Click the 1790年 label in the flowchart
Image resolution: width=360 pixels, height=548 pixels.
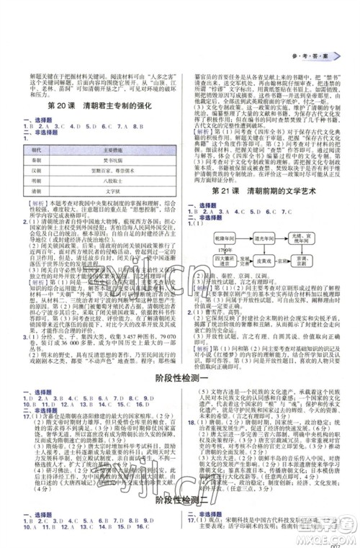(x=221, y=249)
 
